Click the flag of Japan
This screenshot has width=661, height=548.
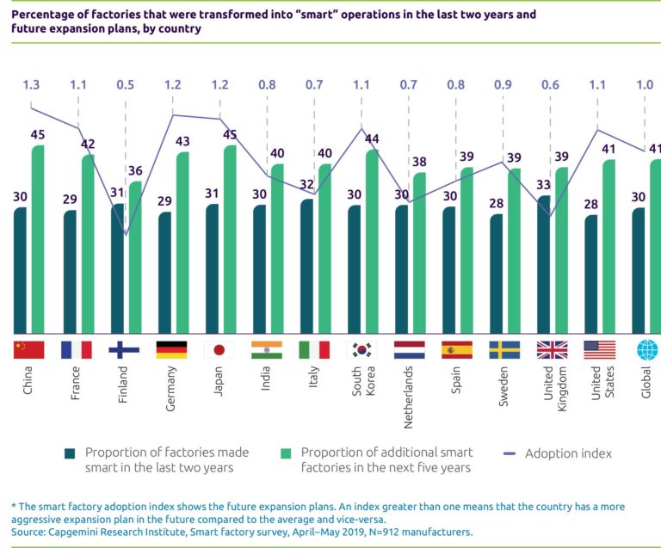click(219, 349)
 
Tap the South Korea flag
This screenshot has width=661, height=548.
click(361, 349)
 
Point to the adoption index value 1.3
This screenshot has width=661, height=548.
click(30, 85)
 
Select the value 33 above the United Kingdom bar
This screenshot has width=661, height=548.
click(545, 184)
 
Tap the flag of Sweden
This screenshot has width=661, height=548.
click(503, 349)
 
